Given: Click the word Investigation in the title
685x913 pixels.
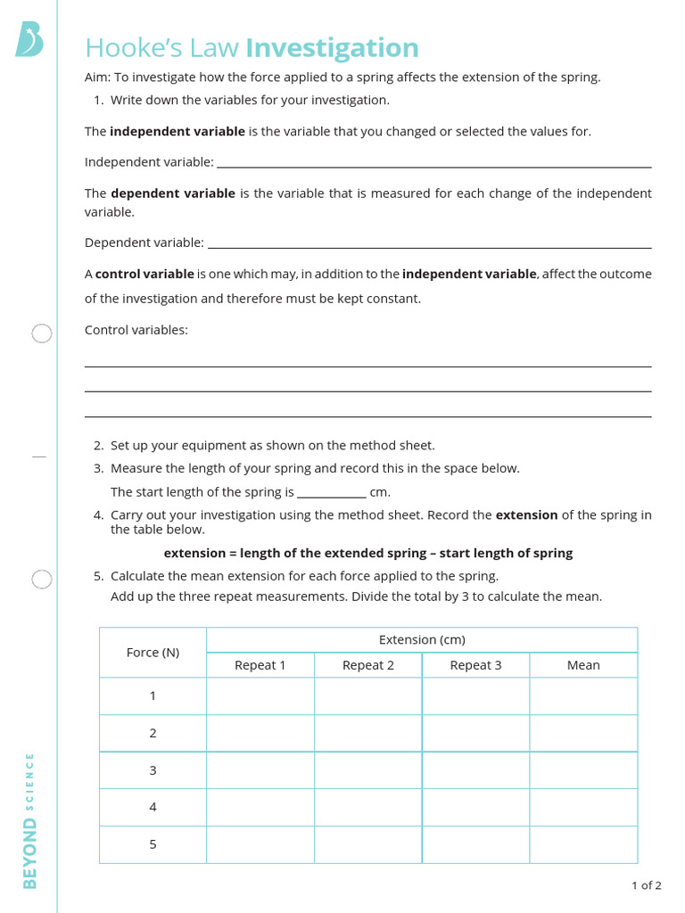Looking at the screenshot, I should tap(332, 48).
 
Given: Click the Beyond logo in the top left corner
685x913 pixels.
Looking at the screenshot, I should tap(29, 40).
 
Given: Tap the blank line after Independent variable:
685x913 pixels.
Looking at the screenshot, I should tap(433, 164).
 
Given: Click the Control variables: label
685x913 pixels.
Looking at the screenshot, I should tap(136, 330).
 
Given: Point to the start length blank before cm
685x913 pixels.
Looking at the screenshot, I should tap(331, 494).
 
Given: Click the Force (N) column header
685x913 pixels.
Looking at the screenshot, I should tap(153, 653).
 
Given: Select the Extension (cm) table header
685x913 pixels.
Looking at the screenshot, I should tap(422, 640).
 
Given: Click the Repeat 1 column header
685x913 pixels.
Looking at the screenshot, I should tap(260, 665).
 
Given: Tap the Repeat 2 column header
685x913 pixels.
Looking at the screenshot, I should tap(368, 665).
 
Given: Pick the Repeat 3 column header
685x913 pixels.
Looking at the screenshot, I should tap(475, 665).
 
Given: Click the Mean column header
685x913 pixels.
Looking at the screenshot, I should tap(583, 665).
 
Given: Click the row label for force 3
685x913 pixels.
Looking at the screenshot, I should tap(153, 770).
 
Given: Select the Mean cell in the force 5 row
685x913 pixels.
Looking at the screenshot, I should tap(583, 844).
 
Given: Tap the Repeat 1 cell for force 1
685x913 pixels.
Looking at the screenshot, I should tap(260, 696).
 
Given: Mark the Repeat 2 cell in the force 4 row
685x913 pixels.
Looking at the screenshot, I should tap(368, 807).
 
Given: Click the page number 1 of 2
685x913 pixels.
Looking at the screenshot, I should tap(646, 885).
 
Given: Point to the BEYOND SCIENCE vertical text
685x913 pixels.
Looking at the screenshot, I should tap(30, 821).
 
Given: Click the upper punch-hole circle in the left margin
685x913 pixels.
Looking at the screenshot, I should tap(42, 334).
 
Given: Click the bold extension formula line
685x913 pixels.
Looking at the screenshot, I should tap(368, 553).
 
